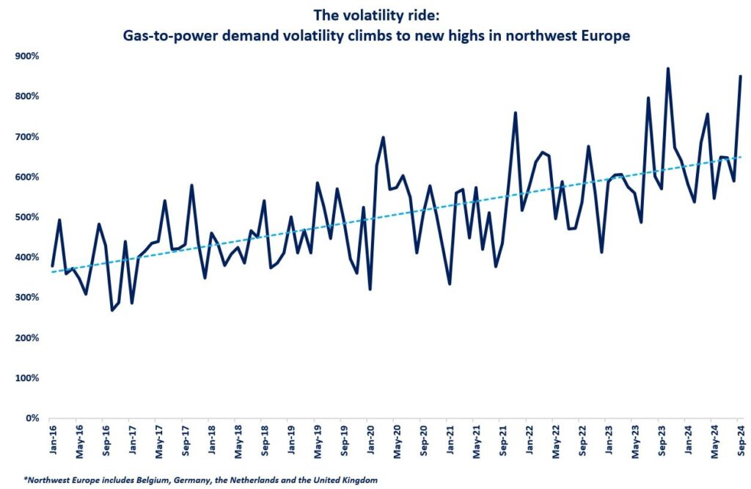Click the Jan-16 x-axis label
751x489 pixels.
click(52, 438)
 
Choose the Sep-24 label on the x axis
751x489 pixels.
click(740, 438)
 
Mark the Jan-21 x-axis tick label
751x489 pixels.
click(449, 438)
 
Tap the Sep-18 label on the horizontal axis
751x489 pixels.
click(264, 438)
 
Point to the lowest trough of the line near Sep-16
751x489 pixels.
click(111, 310)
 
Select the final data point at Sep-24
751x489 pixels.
click(740, 77)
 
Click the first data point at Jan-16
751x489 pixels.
click(52, 265)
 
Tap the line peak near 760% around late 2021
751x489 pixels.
click(516, 113)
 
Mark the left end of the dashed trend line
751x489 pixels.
click(52, 272)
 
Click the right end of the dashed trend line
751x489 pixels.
click(740, 157)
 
